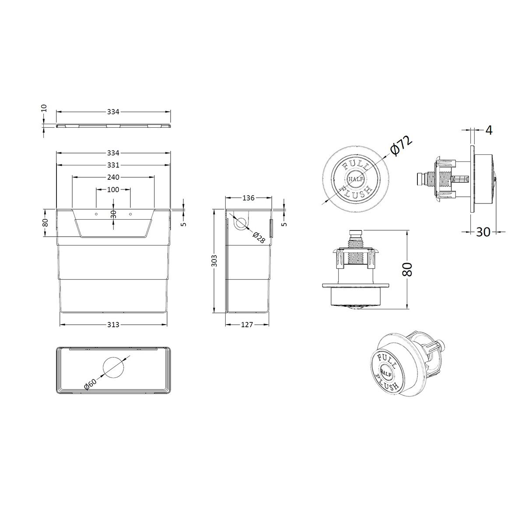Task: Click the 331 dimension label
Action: (x=113, y=165)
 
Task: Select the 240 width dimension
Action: (x=113, y=177)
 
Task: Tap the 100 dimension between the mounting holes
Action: (x=113, y=189)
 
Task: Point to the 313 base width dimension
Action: (x=113, y=325)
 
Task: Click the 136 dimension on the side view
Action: (x=248, y=198)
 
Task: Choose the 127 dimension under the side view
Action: (x=247, y=325)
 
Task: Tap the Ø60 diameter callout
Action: (x=91, y=384)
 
